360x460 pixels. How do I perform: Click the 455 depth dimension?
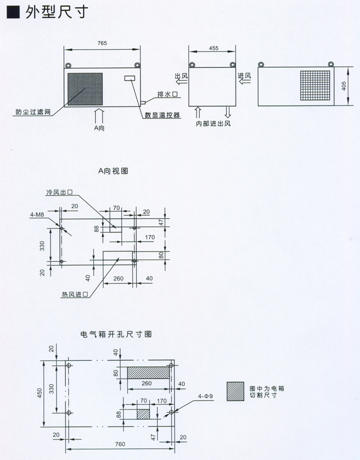point(213,48)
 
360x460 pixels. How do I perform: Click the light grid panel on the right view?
point(315,86)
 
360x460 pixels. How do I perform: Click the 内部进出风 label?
point(213,124)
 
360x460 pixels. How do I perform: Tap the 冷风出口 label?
point(60,192)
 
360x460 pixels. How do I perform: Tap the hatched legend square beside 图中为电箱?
point(234,391)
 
